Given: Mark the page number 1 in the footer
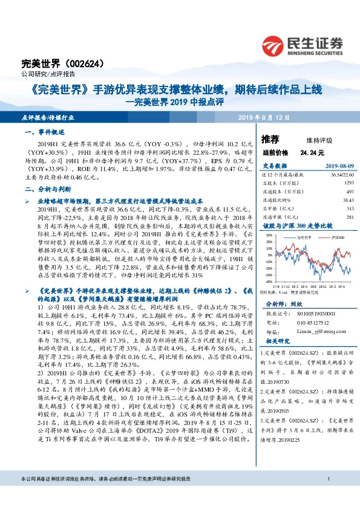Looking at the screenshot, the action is (327, 496).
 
